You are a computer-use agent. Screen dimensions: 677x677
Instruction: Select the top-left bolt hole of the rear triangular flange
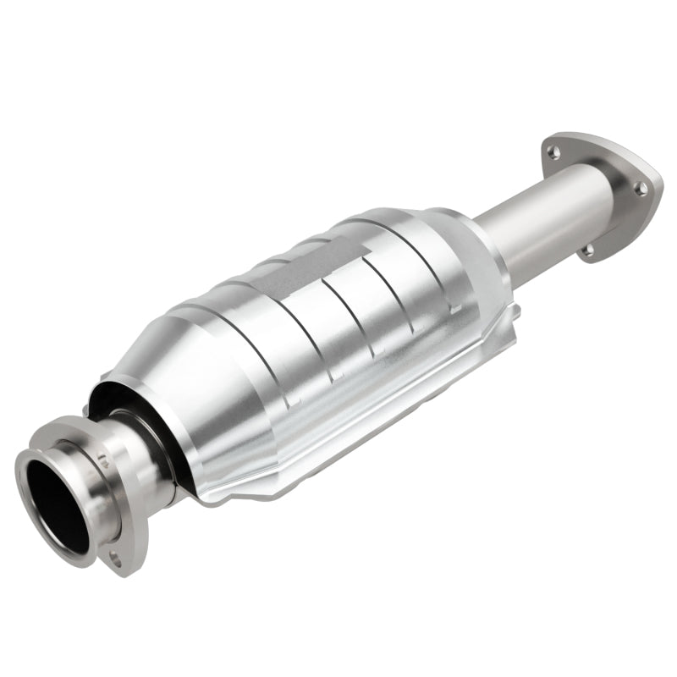[553, 151]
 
